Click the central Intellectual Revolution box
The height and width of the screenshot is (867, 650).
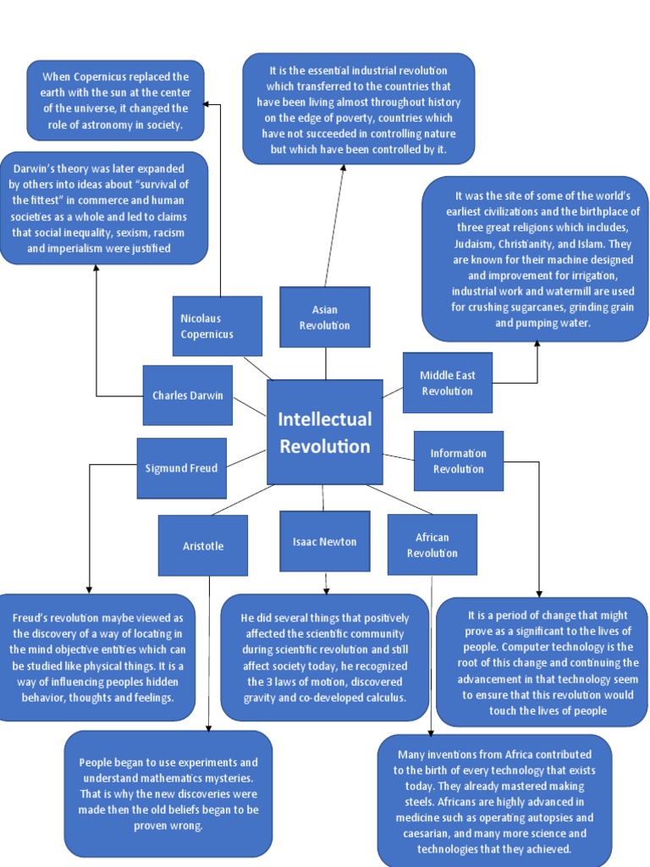pos(324,432)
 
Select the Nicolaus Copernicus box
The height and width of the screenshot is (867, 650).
pos(217,326)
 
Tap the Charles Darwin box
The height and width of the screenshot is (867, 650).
pos(187,395)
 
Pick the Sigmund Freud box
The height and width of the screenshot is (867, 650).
pos(181,468)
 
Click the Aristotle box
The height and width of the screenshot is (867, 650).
pos(203,545)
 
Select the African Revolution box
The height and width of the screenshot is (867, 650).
pos(432,544)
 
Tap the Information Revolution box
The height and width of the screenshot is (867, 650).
pos(458,461)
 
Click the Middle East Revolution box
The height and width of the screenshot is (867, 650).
pos(447,383)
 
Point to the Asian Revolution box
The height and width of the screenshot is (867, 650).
pos(324,318)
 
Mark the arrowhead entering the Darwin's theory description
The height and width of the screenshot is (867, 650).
pos(96,268)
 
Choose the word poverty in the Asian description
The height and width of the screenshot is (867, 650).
pos(342,118)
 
